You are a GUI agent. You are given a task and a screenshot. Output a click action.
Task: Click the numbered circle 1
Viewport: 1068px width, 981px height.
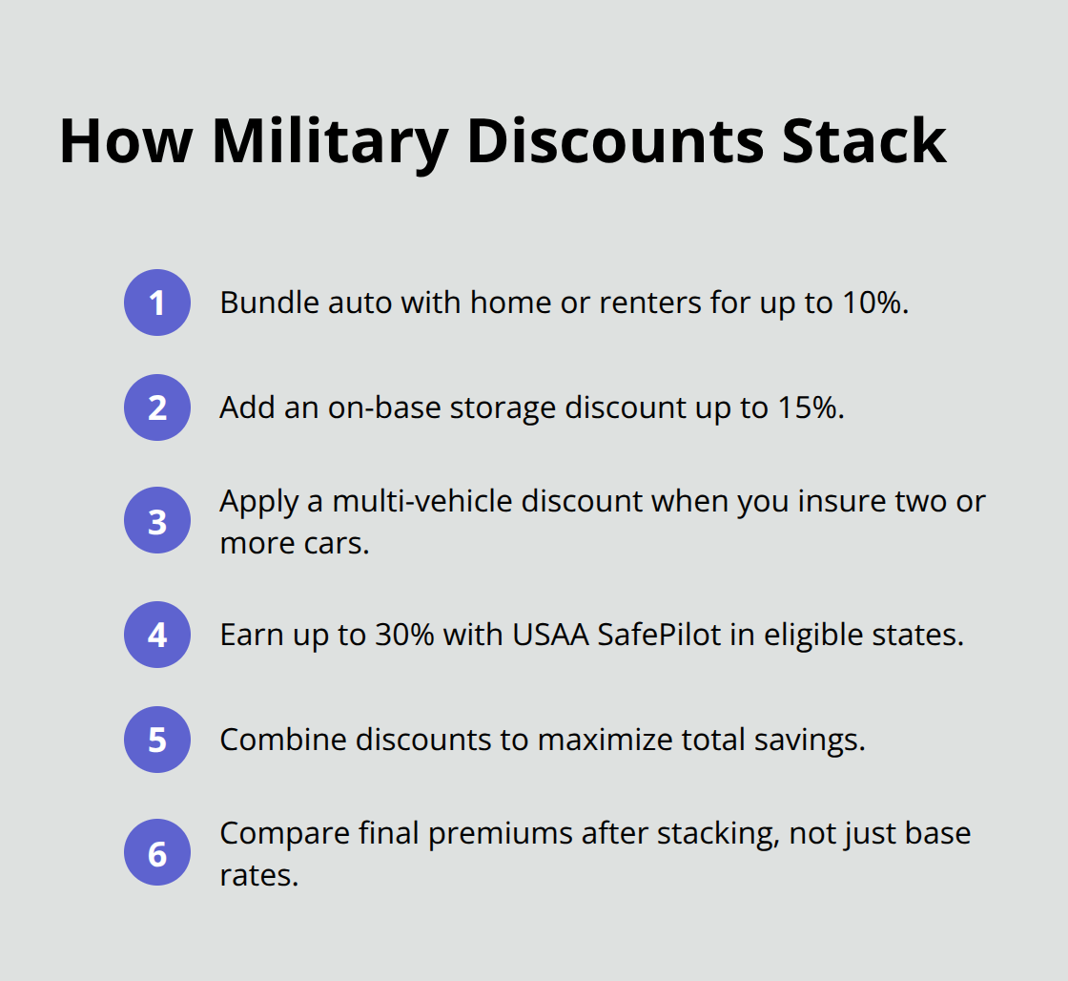point(157,303)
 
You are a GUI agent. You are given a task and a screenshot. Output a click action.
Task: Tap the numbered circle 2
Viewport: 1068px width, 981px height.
point(157,407)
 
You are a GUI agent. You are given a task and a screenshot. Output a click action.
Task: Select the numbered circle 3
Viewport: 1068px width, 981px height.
point(157,522)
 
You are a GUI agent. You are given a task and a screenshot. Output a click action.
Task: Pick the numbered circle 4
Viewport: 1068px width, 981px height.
point(157,635)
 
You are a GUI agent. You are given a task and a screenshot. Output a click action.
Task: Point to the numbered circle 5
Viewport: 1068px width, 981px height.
point(157,740)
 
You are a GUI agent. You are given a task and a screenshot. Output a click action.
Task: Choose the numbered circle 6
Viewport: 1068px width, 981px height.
point(157,853)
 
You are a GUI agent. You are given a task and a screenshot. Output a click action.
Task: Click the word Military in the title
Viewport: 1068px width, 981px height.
point(330,141)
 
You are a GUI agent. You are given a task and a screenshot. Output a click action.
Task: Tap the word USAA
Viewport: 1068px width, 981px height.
point(550,635)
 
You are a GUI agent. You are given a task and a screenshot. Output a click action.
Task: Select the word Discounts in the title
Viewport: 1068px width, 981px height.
point(614,141)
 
